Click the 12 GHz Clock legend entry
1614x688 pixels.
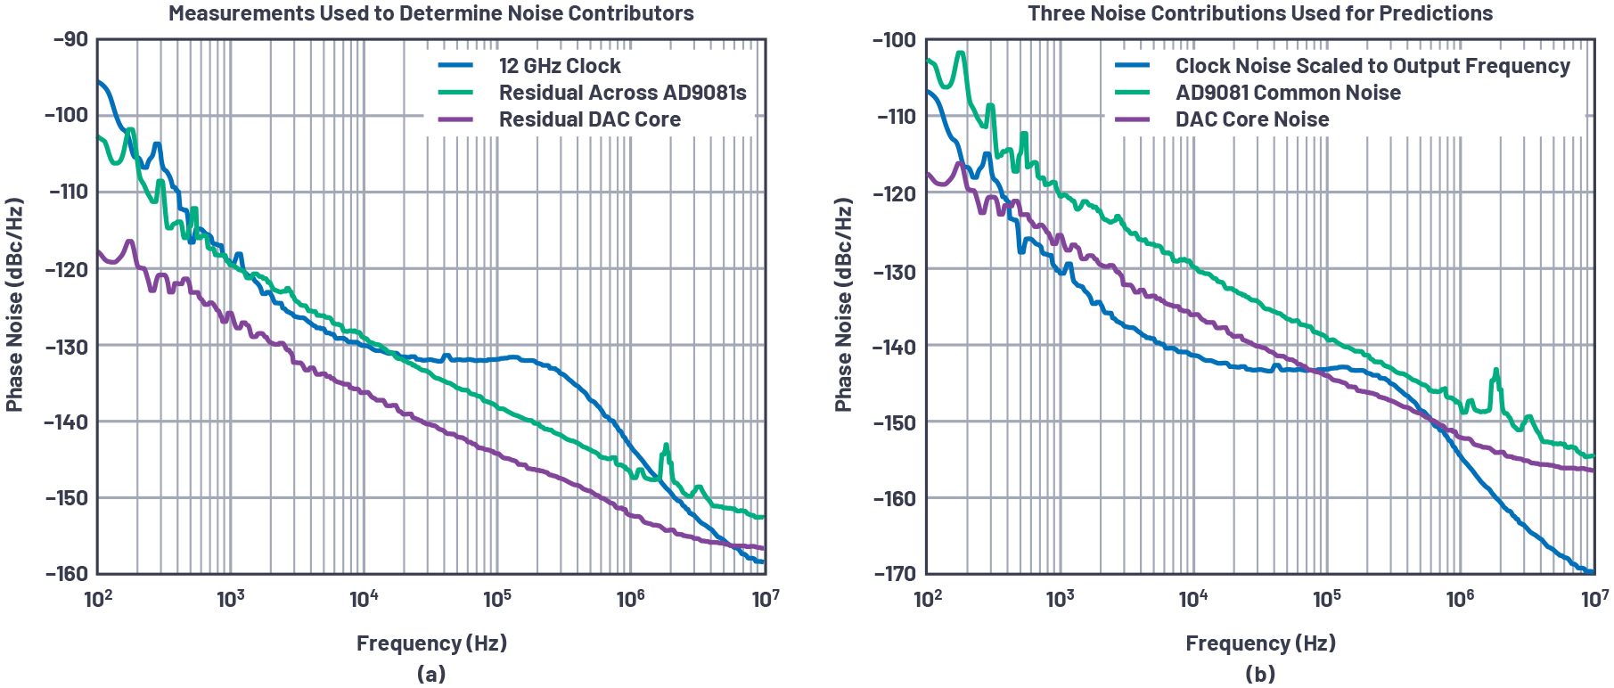pos(559,66)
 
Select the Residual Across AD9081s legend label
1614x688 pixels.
pos(622,93)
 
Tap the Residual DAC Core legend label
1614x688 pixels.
pos(589,119)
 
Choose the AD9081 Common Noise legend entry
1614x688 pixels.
pos(1287,93)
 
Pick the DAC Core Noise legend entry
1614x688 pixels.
pos(1251,119)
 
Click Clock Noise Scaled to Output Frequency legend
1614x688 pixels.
pos(1372,66)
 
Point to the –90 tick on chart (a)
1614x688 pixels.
pos(70,39)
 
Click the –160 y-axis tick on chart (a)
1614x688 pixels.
pos(67,574)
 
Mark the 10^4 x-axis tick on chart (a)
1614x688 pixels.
pos(364,598)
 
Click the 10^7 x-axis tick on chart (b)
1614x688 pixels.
pos(1594,598)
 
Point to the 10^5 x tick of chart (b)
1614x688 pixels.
pos(1327,598)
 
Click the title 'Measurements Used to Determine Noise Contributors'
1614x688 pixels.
pos(431,13)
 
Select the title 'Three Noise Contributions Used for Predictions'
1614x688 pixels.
pos(1260,13)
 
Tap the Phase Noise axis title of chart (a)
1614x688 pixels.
pos(14,305)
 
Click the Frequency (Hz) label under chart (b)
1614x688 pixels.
pos(1260,643)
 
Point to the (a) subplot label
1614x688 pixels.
pos(431,674)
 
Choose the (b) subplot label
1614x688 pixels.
pos(1260,674)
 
